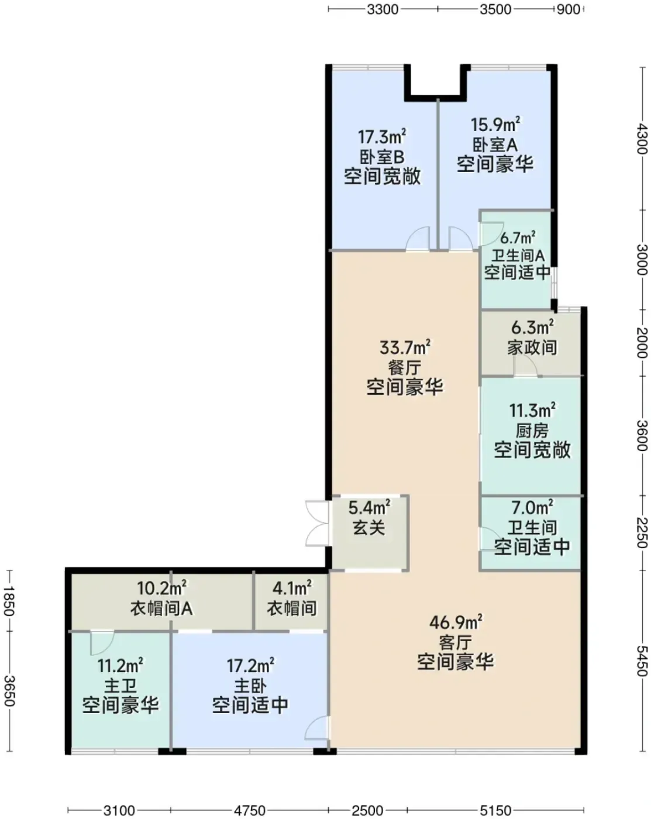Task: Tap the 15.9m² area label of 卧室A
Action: tap(495, 125)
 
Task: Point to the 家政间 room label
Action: tap(532, 347)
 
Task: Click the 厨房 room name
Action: tap(532, 431)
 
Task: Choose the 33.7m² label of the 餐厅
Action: tap(405, 347)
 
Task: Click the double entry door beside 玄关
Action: tap(318, 524)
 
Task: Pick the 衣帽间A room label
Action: tap(161, 608)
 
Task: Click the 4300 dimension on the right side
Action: tap(642, 139)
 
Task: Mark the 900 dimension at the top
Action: tap(569, 9)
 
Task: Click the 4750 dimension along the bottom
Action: tap(250, 810)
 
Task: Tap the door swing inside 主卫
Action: tap(102, 643)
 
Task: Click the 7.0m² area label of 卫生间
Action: tap(532, 508)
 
